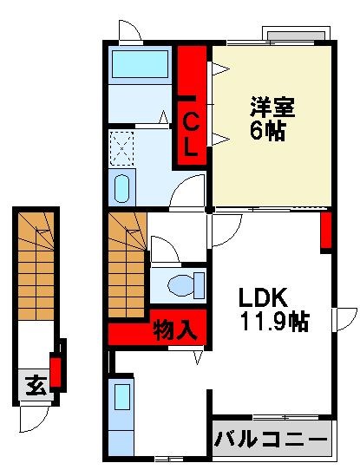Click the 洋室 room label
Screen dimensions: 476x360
click(x=273, y=108)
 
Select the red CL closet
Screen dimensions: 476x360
click(x=192, y=107)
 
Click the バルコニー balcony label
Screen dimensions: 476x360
click(x=272, y=439)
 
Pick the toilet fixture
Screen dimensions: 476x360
click(x=183, y=284)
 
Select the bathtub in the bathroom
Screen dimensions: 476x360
click(x=140, y=65)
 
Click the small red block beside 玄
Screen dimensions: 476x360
click(x=56, y=371)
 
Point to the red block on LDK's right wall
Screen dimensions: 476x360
click(x=326, y=230)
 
